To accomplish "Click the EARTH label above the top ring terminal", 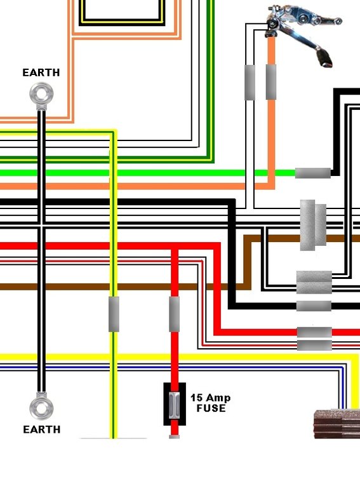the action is [x=41, y=72].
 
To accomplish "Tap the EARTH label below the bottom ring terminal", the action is [x=42, y=430].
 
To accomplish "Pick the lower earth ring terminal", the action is [x=41, y=407].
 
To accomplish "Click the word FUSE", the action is [x=211, y=408].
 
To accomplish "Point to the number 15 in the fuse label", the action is [x=196, y=397].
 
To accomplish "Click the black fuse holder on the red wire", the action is [x=175, y=404].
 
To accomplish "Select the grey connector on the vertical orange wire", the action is [x=270, y=82].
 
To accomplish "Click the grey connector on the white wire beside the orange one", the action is [x=250, y=83].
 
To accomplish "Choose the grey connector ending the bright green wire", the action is [x=313, y=173].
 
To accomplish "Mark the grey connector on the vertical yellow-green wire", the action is [x=114, y=314].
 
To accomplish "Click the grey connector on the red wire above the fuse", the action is [x=174, y=314].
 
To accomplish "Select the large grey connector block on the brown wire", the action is [x=313, y=225].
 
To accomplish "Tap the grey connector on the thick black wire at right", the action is [x=314, y=306].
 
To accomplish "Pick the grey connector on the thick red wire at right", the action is [x=314, y=332].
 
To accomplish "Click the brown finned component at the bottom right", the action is [x=337, y=424].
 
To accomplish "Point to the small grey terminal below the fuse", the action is [x=174, y=437].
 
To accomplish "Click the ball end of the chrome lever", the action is [x=338, y=21].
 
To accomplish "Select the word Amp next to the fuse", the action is [x=218, y=398].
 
